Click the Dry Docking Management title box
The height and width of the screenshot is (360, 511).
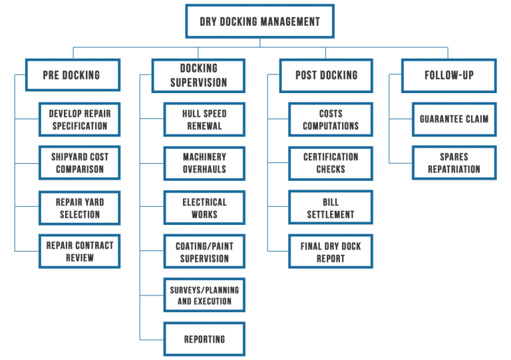coord(260,22)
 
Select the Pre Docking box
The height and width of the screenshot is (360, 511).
coord(73,75)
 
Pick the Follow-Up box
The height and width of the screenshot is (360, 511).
coord(449,75)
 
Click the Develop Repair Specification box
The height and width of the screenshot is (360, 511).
coord(79,119)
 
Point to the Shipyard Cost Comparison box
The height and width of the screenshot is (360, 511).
coord(79,163)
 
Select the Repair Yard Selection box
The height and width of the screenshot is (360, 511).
coord(79,207)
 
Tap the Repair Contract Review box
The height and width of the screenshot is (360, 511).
coord(79,251)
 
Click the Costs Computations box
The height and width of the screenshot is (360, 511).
coord(331,119)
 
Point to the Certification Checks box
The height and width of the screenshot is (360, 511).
coord(331,163)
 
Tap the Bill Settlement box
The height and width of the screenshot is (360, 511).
coord(331,207)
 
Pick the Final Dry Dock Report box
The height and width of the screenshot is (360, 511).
coord(331,251)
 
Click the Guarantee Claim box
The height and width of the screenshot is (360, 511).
coord(454,119)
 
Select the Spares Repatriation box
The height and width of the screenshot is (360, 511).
coord(454,163)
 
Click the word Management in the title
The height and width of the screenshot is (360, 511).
coord(289,22)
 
